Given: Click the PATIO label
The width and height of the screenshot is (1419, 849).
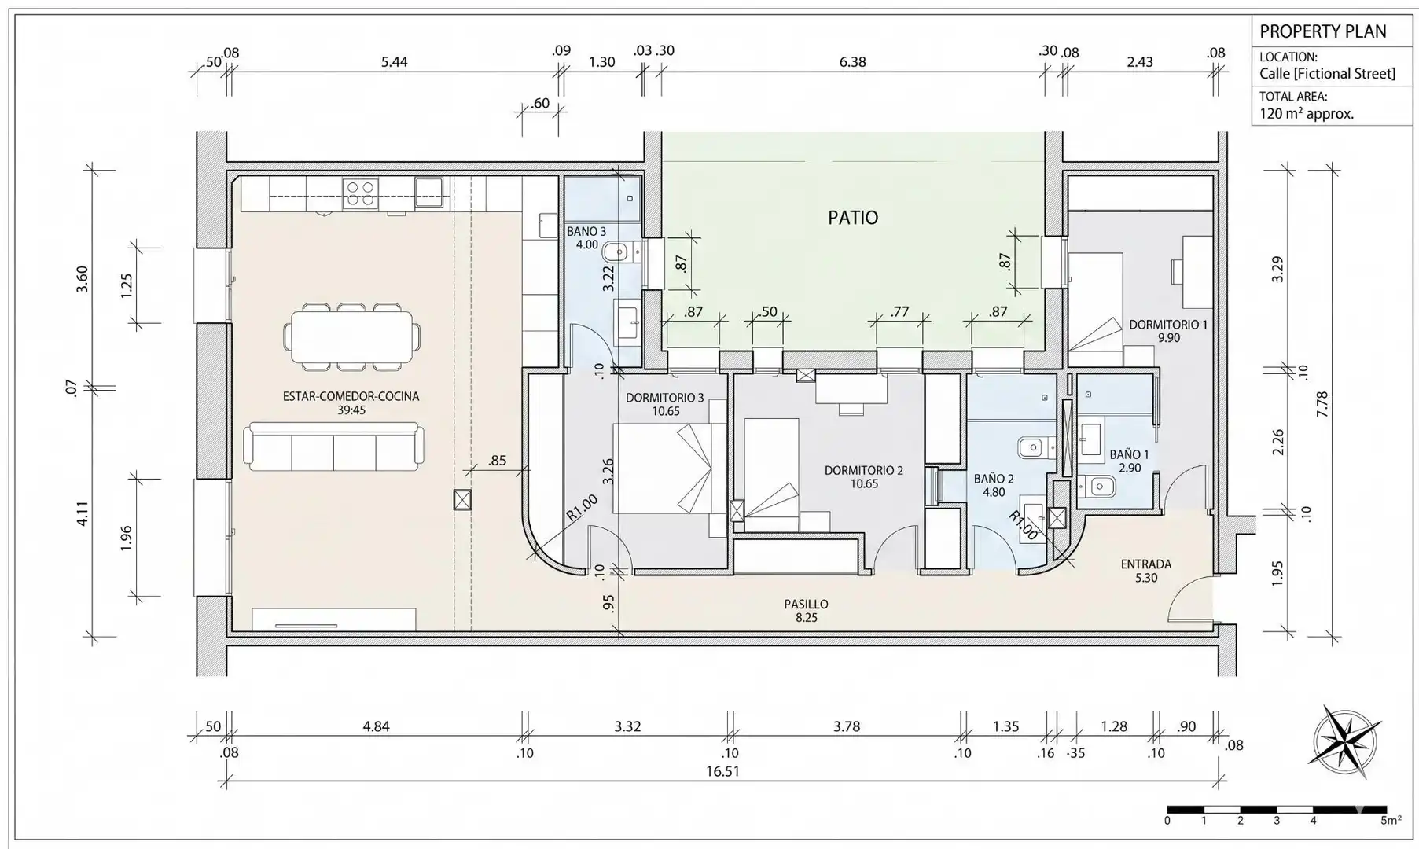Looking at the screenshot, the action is (853, 217).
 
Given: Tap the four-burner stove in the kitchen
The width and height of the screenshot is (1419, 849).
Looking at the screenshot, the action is (360, 193).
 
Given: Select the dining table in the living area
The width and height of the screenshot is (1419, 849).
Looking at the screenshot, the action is (351, 337).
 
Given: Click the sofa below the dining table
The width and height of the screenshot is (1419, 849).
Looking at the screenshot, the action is (333, 447).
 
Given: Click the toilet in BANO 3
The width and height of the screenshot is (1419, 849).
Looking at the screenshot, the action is (619, 253).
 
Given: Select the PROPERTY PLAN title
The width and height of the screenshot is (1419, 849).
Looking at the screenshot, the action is (1323, 31).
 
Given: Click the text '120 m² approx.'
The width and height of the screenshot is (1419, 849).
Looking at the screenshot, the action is (1307, 114).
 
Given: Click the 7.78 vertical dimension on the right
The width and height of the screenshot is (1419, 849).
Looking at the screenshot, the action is (1322, 404).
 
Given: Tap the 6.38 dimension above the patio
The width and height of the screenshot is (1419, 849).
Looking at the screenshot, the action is (852, 61).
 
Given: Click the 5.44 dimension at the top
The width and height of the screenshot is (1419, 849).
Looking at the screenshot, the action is (394, 61).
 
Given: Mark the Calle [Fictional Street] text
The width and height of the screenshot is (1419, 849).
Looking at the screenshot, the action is (1327, 74).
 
